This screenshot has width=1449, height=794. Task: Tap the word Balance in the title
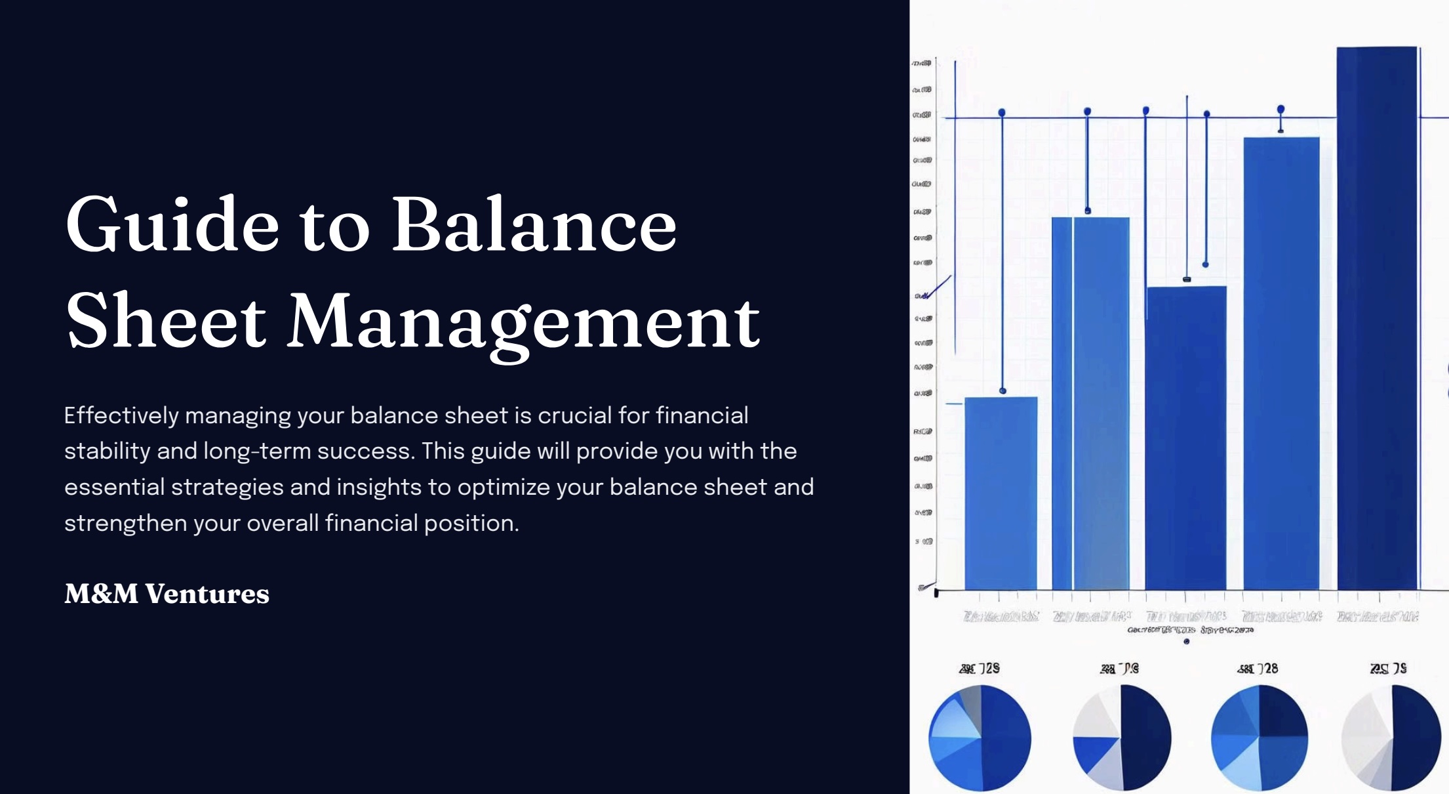[534, 224]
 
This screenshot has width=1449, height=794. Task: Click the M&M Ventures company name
[167, 594]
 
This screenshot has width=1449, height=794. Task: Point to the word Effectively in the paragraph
[121, 416]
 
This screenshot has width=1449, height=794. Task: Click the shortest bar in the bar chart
[1001, 492]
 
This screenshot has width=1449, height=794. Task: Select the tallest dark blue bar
[1376, 315]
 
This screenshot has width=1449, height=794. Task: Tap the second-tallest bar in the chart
[1280, 361]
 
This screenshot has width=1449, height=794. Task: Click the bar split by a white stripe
[1090, 400]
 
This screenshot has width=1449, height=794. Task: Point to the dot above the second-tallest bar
[1280, 109]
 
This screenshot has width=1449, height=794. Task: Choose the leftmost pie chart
[980, 738]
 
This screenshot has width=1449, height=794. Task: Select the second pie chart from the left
[1122, 738]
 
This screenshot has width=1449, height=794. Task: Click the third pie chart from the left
[1259, 738]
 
